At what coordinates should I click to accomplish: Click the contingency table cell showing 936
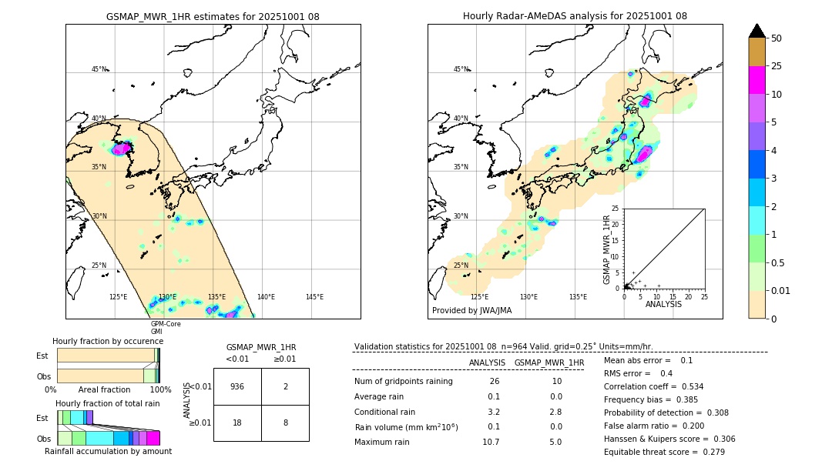click(x=237, y=386)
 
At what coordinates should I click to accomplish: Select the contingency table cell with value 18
click(x=237, y=423)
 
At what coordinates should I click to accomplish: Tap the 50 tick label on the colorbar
click(x=777, y=38)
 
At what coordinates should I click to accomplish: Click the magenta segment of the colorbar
click(x=757, y=80)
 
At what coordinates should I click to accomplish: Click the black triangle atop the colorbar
click(x=757, y=31)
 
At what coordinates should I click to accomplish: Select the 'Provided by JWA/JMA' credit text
click(x=471, y=310)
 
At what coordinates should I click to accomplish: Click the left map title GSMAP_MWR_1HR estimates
click(x=213, y=16)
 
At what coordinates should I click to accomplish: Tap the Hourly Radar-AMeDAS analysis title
click(x=575, y=16)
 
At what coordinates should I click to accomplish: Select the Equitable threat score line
click(x=663, y=452)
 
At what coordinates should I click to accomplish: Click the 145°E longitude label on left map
click(x=314, y=297)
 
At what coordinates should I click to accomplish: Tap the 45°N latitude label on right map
click(x=461, y=69)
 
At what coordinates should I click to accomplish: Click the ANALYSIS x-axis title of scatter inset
click(x=663, y=304)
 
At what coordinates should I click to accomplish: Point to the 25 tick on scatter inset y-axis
click(x=616, y=209)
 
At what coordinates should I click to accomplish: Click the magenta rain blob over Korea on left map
click(x=121, y=149)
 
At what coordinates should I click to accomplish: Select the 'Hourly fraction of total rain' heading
click(x=108, y=403)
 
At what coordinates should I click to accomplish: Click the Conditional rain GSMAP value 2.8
click(x=556, y=412)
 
